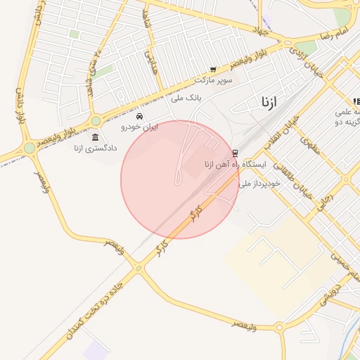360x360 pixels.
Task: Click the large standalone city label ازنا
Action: tap(269, 103)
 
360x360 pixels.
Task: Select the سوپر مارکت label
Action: tap(213, 79)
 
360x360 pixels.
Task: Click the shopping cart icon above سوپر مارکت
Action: tap(213, 69)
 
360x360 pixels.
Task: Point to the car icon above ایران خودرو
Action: tap(141, 116)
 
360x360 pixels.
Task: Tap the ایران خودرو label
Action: tap(140, 127)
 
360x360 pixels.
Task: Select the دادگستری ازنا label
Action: tap(94, 148)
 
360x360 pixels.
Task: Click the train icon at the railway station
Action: tap(235, 153)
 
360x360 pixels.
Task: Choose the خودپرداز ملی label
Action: tap(259, 183)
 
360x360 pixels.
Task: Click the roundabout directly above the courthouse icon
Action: tap(96, 121)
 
